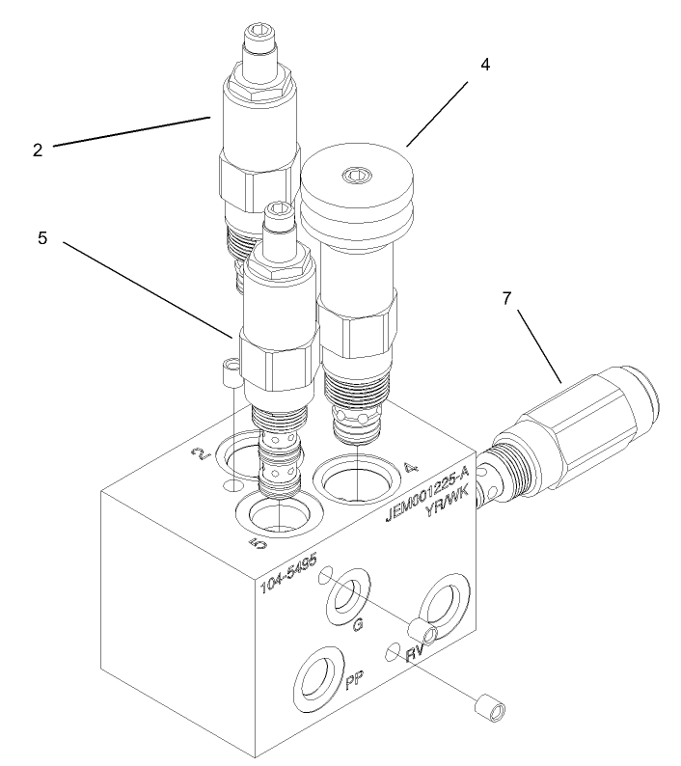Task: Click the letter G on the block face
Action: click(x=358, y=627)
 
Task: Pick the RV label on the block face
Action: click(x=415, y=654)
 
